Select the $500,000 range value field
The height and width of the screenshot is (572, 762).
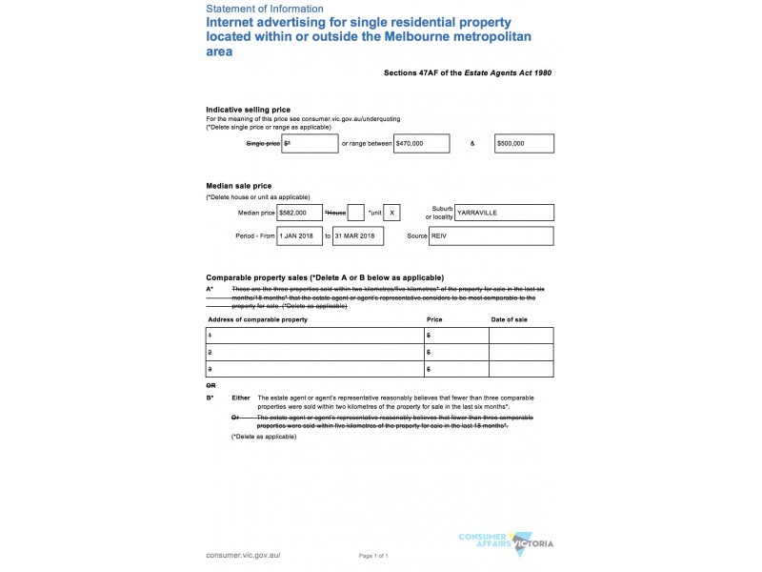[x=524, y=143]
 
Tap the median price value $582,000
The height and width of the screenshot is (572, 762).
[x=298, y=213]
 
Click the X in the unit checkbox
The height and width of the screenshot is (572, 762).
[x=393, y=213]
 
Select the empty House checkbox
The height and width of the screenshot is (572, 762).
[x=355, y=213]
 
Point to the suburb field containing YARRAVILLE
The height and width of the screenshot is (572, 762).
[x=504, y=213]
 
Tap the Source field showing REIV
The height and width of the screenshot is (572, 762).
[x=504, y=235]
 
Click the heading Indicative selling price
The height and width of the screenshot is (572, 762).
[x=249, y=110]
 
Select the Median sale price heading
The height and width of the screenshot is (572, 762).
[x=238, y=185]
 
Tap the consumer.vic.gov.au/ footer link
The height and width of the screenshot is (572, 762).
[x=244, y=554]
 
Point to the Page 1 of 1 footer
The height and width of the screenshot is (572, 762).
[x=373, y=555]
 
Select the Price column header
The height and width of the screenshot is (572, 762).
[x=434, y=318]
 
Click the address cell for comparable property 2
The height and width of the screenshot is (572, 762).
[x=314, y=352]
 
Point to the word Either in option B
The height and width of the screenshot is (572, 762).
[x=241, y=398]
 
